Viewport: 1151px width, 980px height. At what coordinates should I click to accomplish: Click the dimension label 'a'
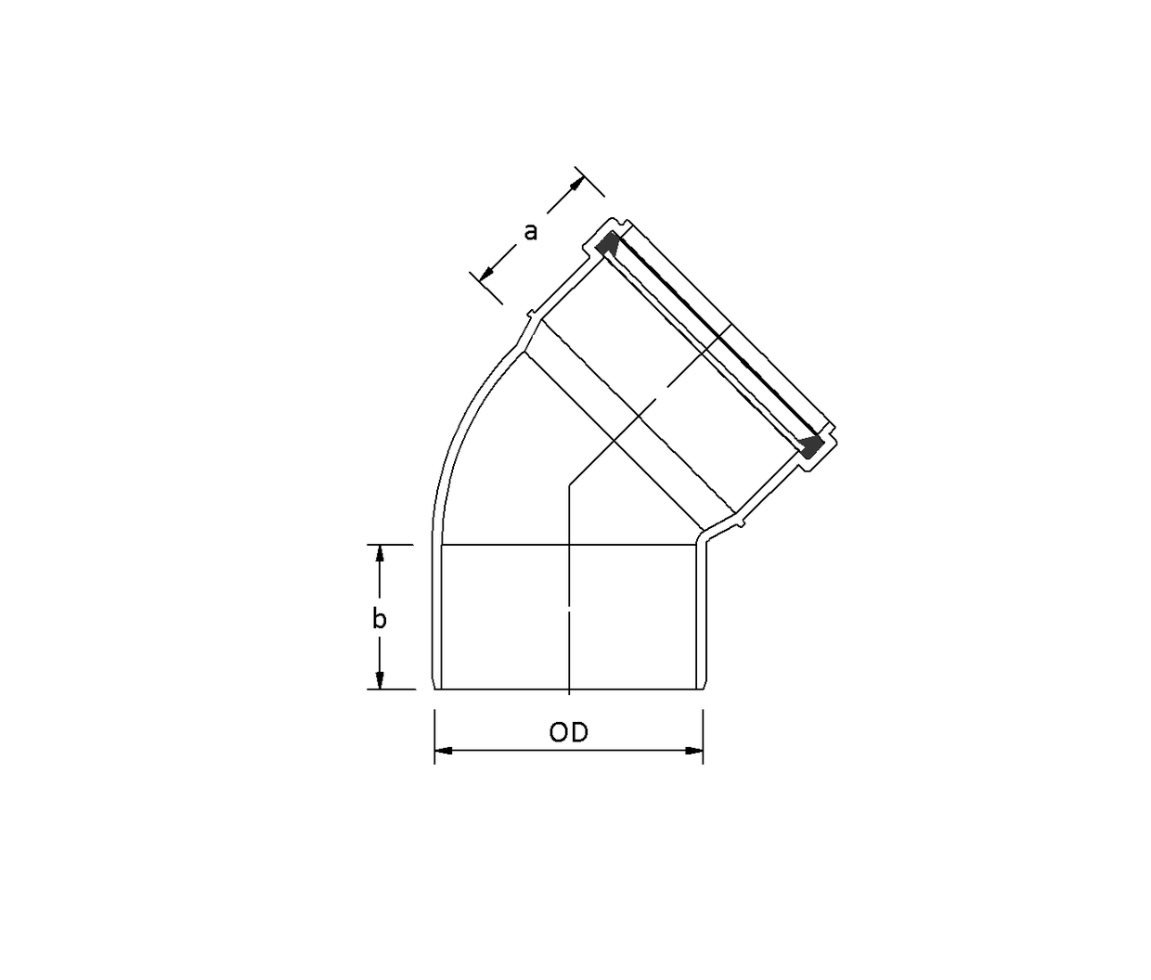[x=531, y=232]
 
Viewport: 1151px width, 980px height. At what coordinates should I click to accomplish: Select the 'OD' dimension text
[x=568, y=733]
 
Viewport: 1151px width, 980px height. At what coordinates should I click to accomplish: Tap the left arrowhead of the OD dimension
[x=444, y=751]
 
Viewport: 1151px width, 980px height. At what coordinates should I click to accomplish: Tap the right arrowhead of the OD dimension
[x=693, y=751]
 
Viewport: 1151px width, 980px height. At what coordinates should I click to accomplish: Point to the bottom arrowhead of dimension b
[x=380, y=680]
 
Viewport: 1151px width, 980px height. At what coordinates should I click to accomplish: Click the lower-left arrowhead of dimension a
[x=486, y=274]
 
